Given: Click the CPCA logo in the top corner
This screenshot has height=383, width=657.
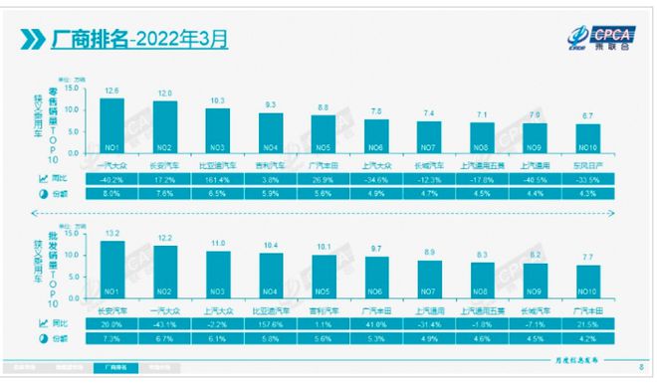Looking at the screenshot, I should (x=608, y=37).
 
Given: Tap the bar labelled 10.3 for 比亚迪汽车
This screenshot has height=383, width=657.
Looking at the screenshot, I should (x=217, y=128).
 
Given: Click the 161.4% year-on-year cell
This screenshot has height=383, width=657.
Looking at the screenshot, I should (x=217, y=177).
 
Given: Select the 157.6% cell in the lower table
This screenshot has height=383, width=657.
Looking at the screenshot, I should (x=270, y=323).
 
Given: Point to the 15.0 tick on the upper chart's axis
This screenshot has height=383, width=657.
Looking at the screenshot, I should (x=71, y=86).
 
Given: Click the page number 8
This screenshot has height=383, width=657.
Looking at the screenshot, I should (x=639, y=367).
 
